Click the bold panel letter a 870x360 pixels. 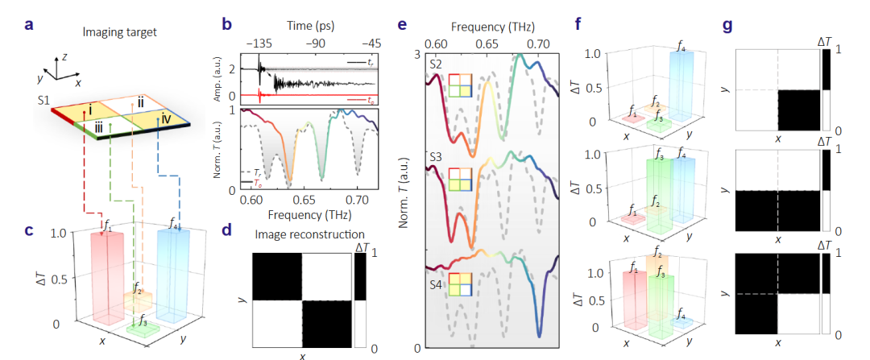pyautogui.click(x=29, y=23)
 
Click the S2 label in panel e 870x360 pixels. pyautogui.click(x=436, y=63)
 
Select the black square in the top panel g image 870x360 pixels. pyautogui.click(x=798, y=110)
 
